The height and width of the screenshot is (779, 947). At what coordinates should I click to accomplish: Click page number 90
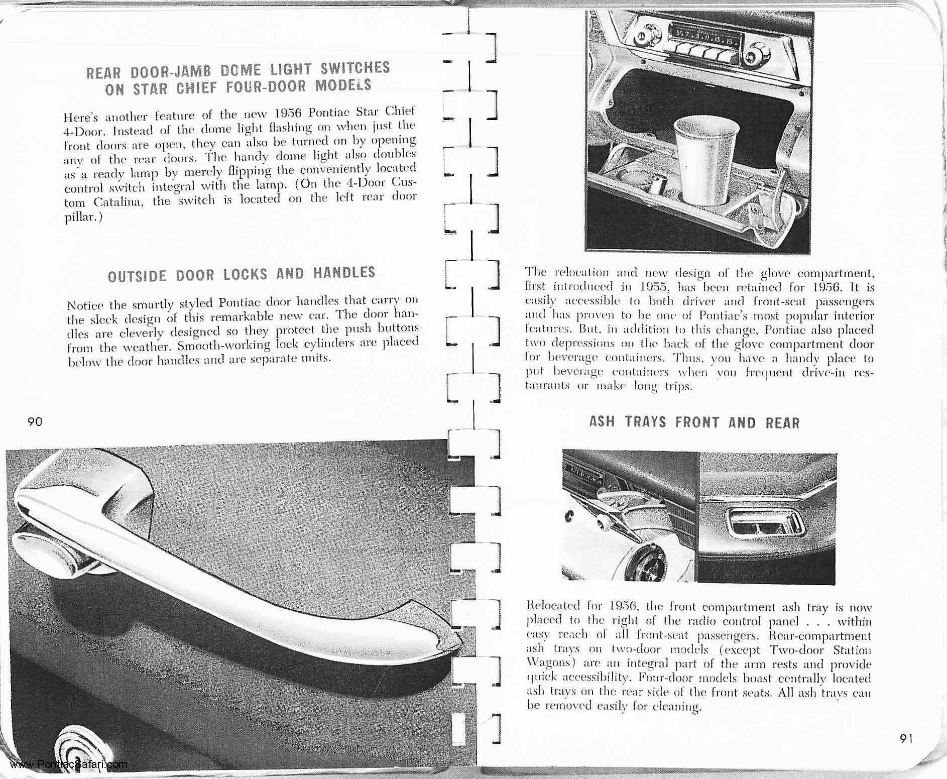(35, 421)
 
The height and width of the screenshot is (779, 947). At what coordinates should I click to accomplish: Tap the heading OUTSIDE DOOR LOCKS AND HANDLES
(242, 275)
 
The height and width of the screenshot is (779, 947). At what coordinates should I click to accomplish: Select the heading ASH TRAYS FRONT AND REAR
(694, 422)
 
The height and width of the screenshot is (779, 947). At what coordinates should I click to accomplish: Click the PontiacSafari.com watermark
(68, 765)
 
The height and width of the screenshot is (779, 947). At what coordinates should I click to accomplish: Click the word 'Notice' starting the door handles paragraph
(85, 305)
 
